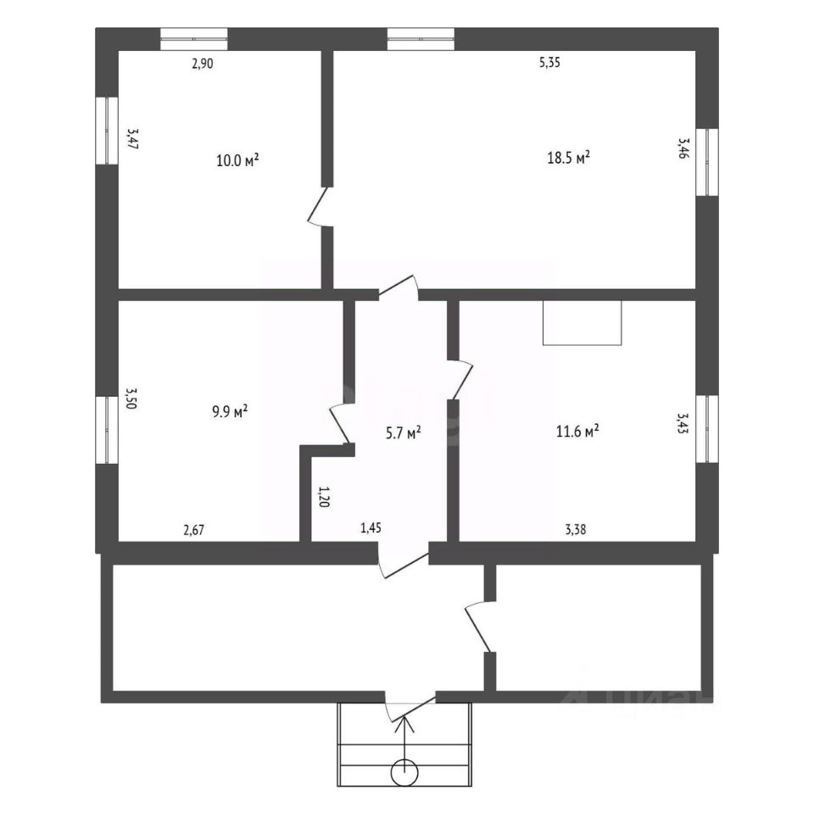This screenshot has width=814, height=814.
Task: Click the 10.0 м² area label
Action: click(237, 160)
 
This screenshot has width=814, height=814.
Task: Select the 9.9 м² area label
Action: click(229, 412)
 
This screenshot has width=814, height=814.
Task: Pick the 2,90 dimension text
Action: click(202, 63)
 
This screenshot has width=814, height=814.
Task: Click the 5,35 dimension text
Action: click(550, 62)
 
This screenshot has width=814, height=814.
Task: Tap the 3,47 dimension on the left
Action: click(132, 139)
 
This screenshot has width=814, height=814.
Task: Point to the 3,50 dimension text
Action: click(131, 399)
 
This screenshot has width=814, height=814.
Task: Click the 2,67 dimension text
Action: click(194, 531)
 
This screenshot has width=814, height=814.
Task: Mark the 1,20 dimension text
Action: click(322, 496)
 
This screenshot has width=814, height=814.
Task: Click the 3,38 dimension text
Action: click(576, 531)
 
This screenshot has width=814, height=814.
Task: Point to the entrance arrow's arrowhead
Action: click(404, 722)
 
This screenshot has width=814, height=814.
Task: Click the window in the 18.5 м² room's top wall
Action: click(421, 36)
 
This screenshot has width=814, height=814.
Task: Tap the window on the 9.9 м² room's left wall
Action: click(107, 429)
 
